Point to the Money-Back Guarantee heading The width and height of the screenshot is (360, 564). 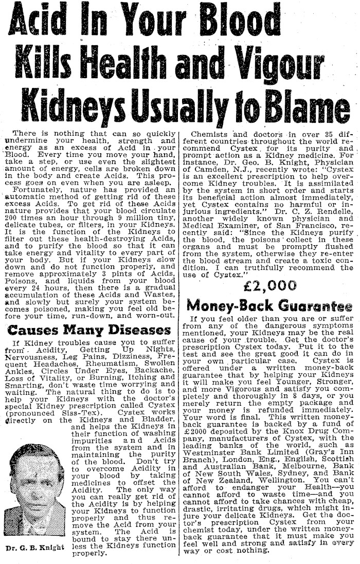pos(270,306)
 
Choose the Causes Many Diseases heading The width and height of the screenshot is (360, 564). pos(89,330)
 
